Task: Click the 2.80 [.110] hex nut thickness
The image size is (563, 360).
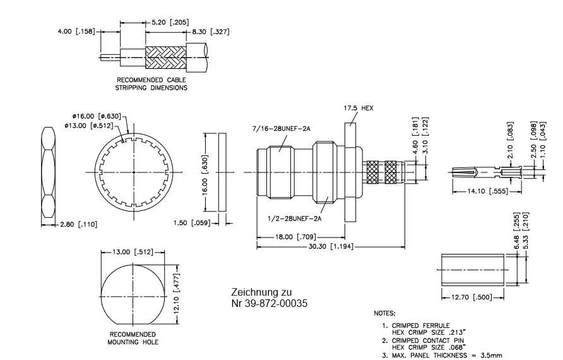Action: pyautogui.click(x=78, y=224)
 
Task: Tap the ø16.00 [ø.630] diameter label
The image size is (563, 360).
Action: pyautogui.click(x=95, y=116)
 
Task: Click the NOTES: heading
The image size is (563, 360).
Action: pyautogui.click(x=385, y=313)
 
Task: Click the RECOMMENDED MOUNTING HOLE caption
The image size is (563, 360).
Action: pyautogui.click(x=133, y=338)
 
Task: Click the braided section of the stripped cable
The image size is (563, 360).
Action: pyautogui.click(x=165, y=57)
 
